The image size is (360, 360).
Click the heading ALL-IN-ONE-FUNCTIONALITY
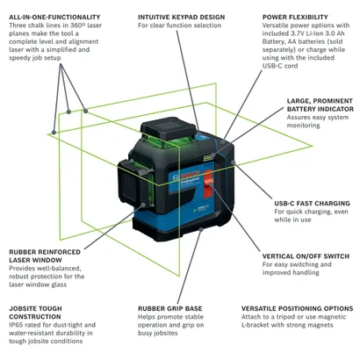pyautogui.click(x=52, y=16)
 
